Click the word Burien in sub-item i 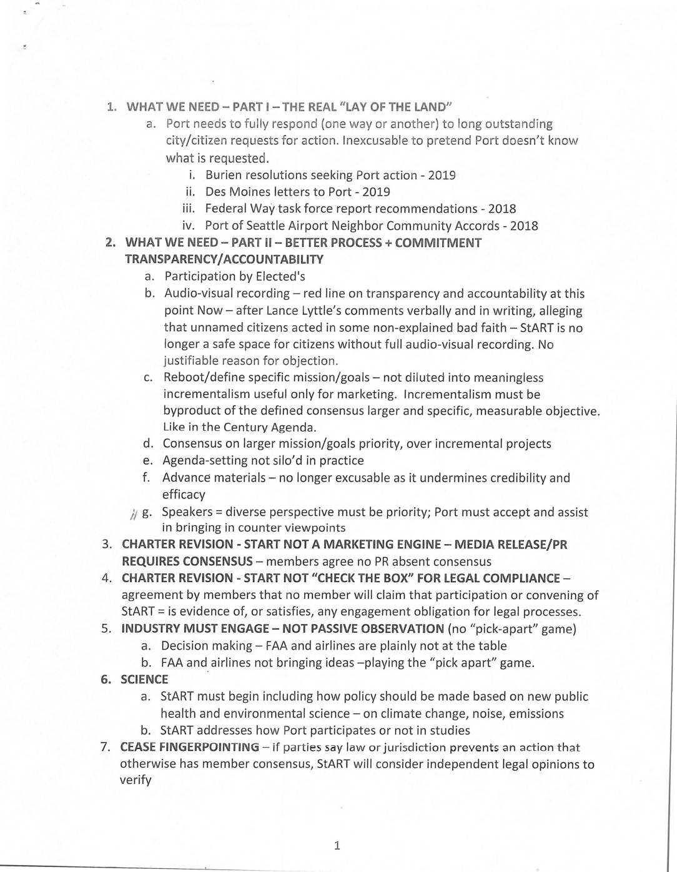[224, 176]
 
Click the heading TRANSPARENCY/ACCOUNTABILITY [224, 259]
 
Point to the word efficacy [184, 495]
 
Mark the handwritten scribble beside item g [134, 514]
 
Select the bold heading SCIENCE [144, 680]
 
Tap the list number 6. [106, 680]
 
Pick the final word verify [136, 781]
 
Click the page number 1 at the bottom [337, 846]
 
